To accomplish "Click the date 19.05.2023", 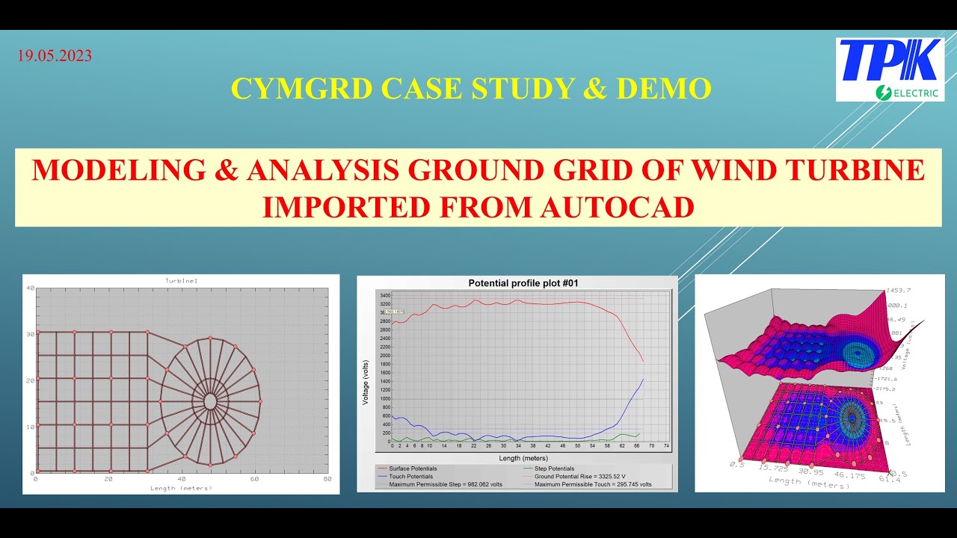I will click(54, 56).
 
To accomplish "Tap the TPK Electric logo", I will click(890, 69).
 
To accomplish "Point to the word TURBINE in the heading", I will click(860, 170).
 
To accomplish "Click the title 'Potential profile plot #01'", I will click(523, 283).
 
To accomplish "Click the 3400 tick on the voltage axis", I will click(385, 295).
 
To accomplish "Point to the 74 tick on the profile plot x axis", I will click(665, 446).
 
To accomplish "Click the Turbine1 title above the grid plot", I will click(180, 280).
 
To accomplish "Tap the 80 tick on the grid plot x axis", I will click(327, 480).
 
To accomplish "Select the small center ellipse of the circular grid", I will click(210, 401).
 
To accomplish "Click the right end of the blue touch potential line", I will click(643, 379).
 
